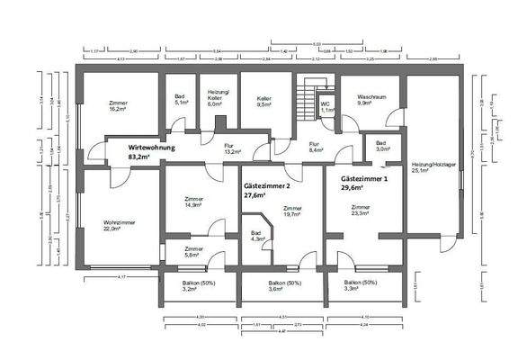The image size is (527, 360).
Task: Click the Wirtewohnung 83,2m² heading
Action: [x=151, y=150]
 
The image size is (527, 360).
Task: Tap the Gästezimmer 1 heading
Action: [x=363, y=183]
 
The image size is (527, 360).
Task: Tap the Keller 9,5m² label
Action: [x=263, y=101]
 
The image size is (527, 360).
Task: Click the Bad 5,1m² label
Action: [x=179, y=99]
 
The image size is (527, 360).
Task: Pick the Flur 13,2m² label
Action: [x=207, y=148]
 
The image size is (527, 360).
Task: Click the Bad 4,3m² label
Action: [x=256, y=236]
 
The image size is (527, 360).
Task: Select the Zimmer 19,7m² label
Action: [x=293, y=211]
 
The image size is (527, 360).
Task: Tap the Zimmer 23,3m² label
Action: [x=360, y=211]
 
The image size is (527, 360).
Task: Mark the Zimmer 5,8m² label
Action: [x=193, y=252]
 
